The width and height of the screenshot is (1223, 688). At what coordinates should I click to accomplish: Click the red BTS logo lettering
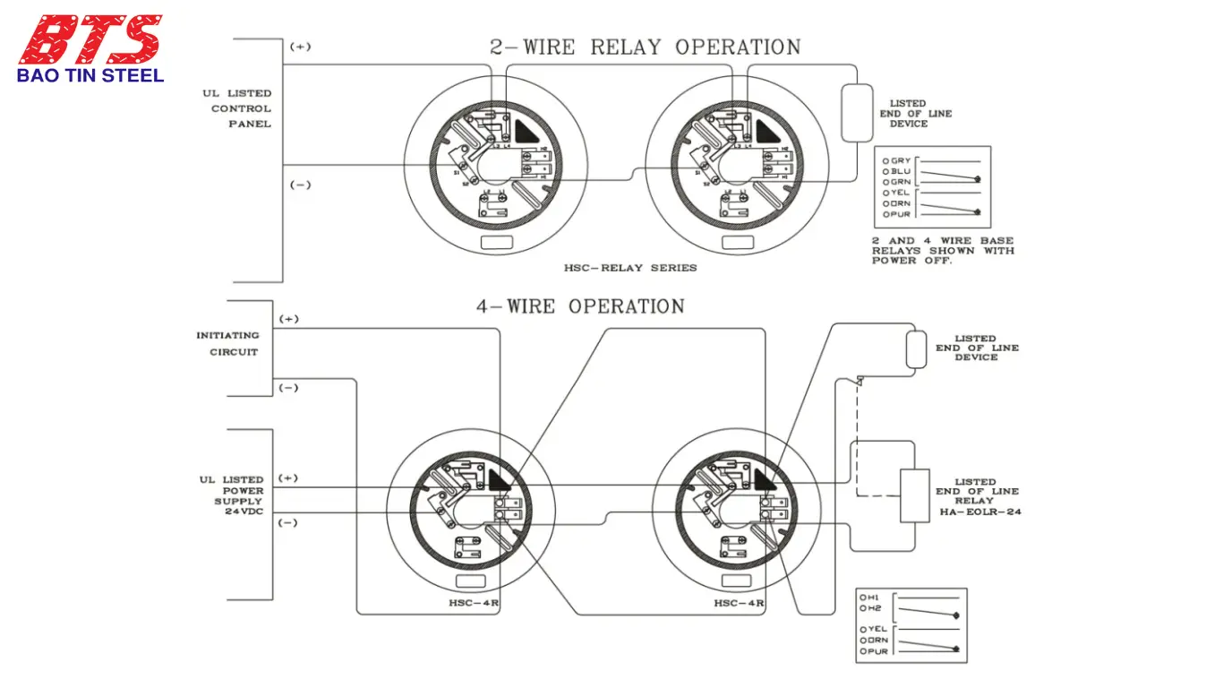(90, 39)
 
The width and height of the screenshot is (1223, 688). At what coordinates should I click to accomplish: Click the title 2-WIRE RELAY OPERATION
(645, 47)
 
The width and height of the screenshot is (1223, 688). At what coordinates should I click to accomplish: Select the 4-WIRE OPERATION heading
(580, 306)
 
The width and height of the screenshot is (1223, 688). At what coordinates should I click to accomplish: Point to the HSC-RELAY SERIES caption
(630, 268)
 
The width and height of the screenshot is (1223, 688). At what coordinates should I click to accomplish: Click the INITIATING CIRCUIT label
(227, 343)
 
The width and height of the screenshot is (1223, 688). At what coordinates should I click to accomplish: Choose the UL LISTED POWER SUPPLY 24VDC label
(232, 496)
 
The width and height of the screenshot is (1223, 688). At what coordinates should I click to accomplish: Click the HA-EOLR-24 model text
(980, 512)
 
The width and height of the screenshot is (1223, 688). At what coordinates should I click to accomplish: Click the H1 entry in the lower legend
(869, 598)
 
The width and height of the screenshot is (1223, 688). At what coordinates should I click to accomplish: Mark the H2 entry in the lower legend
(869, 608)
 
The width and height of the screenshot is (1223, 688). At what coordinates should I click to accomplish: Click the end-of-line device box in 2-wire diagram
(857, 113)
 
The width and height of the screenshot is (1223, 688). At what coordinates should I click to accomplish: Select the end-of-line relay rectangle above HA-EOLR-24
(915, 495)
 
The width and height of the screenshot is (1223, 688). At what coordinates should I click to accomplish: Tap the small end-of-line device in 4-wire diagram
(916, 348)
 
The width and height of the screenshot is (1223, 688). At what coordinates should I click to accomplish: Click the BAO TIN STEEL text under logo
(90, 76)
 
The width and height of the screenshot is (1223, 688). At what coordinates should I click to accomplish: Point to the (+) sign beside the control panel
(300, 47)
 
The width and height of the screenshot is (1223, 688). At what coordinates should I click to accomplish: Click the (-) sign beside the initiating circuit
(288, 388)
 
